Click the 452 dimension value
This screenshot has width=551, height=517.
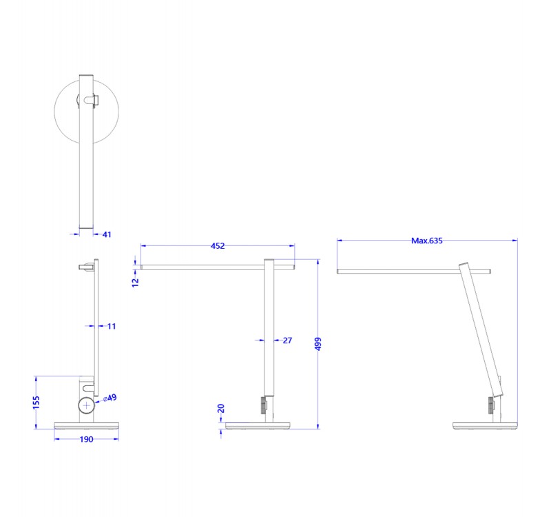218,245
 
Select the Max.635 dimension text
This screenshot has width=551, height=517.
426,241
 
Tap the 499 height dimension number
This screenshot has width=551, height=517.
318,345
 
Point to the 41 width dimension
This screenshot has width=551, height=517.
107,234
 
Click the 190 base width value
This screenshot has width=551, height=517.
85,438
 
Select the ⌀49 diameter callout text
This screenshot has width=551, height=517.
110,398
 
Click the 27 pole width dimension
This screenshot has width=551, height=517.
287,340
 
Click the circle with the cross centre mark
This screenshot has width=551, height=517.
86,405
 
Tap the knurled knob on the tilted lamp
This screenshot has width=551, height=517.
491,405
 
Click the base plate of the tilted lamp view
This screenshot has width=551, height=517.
484,424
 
